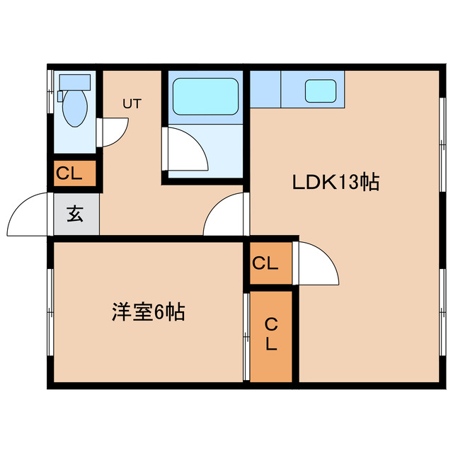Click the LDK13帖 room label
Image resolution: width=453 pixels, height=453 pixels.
(336, 183)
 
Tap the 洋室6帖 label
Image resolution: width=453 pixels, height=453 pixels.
(148, 311)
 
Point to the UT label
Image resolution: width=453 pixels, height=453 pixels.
(132, 103)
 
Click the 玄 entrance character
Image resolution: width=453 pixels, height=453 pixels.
(75, 214)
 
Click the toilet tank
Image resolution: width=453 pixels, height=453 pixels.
(74, 80)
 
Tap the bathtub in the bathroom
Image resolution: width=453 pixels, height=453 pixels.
(205, 97)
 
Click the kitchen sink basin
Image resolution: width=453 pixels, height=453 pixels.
(320, 91)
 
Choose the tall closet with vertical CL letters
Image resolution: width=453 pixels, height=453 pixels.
(271, 335)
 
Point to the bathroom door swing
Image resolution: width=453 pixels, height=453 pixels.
(185, 150)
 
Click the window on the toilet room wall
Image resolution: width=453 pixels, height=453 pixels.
(49, 92)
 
